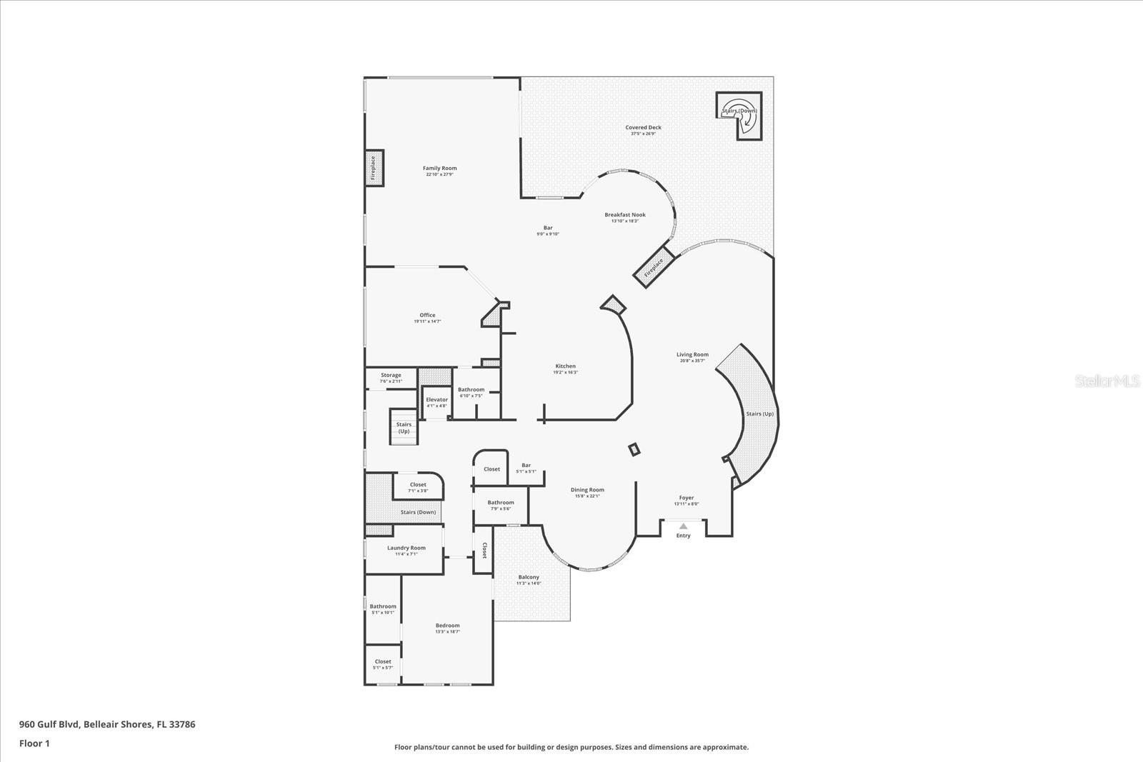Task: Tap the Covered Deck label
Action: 643,128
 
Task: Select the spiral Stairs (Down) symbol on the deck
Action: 740,116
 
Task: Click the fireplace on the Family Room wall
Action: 374,169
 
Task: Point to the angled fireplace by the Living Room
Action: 654,267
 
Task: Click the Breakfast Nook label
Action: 624,215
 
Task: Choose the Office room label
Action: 427,315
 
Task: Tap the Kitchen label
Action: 565,366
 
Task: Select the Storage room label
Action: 391,375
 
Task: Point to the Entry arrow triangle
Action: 683,526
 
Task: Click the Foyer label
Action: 686,498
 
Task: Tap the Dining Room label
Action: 587,490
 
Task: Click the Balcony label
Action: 529,577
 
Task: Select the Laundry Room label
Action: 406,548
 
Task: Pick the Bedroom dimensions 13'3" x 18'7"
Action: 448,631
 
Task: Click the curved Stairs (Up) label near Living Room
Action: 759,414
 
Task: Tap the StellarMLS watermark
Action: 1107,381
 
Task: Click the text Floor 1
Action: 34,743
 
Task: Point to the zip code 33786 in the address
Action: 181,724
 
